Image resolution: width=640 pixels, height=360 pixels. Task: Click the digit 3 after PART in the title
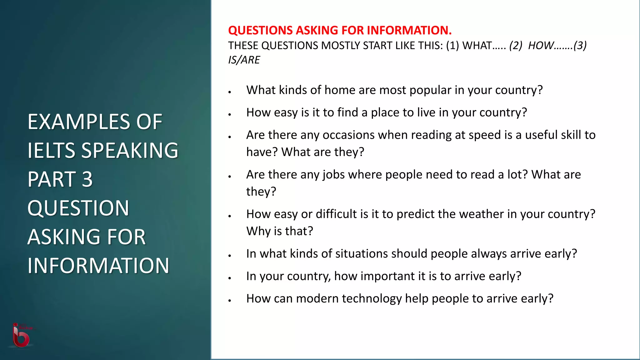[x=87, y=179]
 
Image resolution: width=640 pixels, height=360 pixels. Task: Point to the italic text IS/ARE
[x=244, y=60]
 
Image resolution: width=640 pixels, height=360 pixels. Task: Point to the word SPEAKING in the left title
[x=130, y=151]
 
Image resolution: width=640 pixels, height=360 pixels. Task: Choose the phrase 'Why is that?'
[x=279, y=231]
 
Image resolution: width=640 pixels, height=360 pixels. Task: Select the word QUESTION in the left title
[x=78, y=208]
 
